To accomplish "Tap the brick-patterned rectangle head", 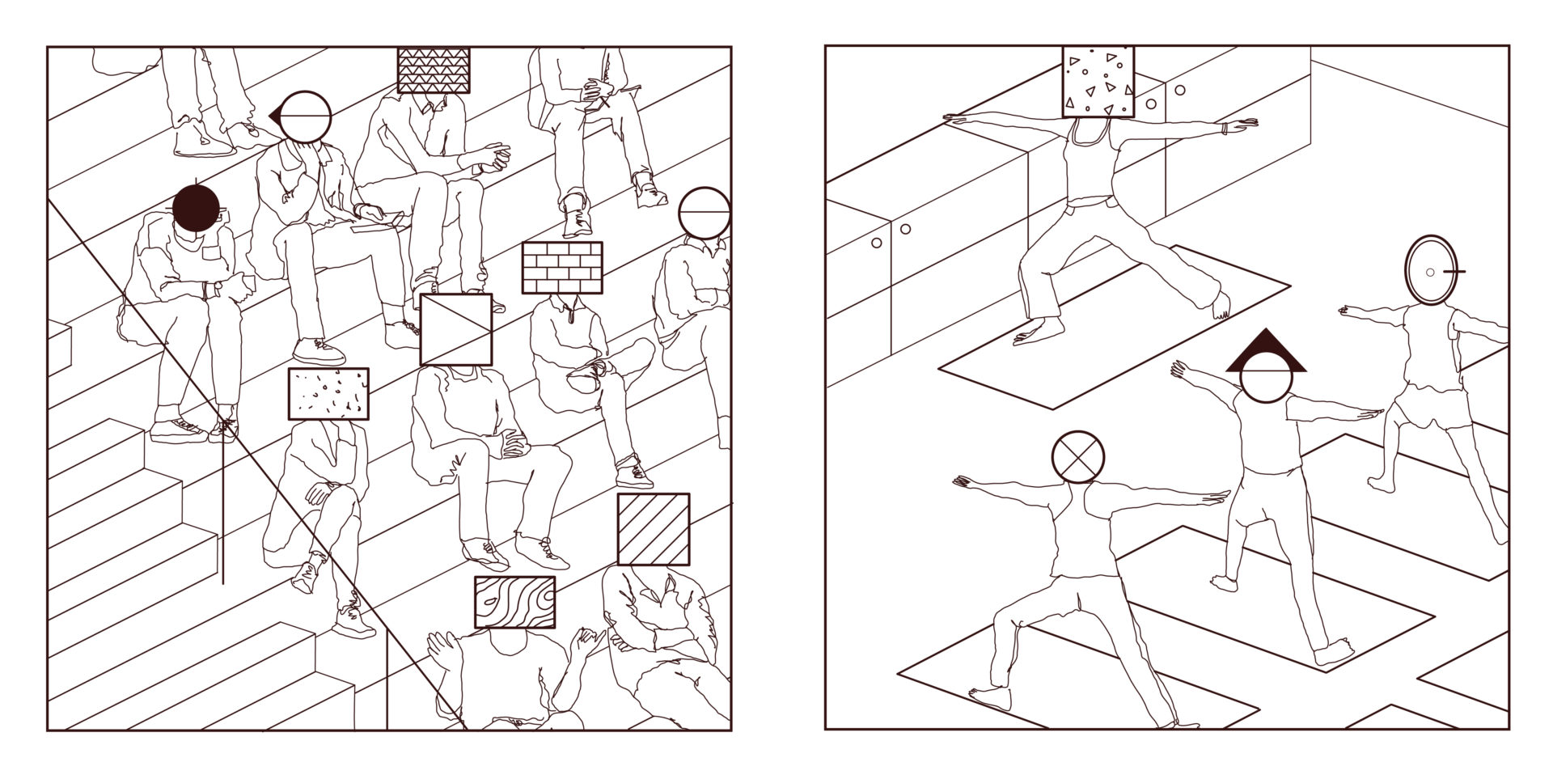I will click(562, 268).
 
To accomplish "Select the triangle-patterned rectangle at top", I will click(434, 70).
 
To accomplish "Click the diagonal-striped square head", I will click(654, 529).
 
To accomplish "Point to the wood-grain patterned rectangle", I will click(515, 603).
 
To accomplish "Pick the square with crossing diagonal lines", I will click(456, 329).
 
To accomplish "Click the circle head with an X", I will click(1078, 456).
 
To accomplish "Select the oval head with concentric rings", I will click(1430, 271).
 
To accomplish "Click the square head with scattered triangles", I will click(1098, 82).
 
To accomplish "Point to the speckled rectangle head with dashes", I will click(328, 395).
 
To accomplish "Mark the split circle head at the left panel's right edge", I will click(705, 213).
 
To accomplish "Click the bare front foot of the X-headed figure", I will click(988, 696).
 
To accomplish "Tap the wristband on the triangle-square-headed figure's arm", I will click(1227, 127).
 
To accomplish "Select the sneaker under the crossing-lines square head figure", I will click(486, 553).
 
